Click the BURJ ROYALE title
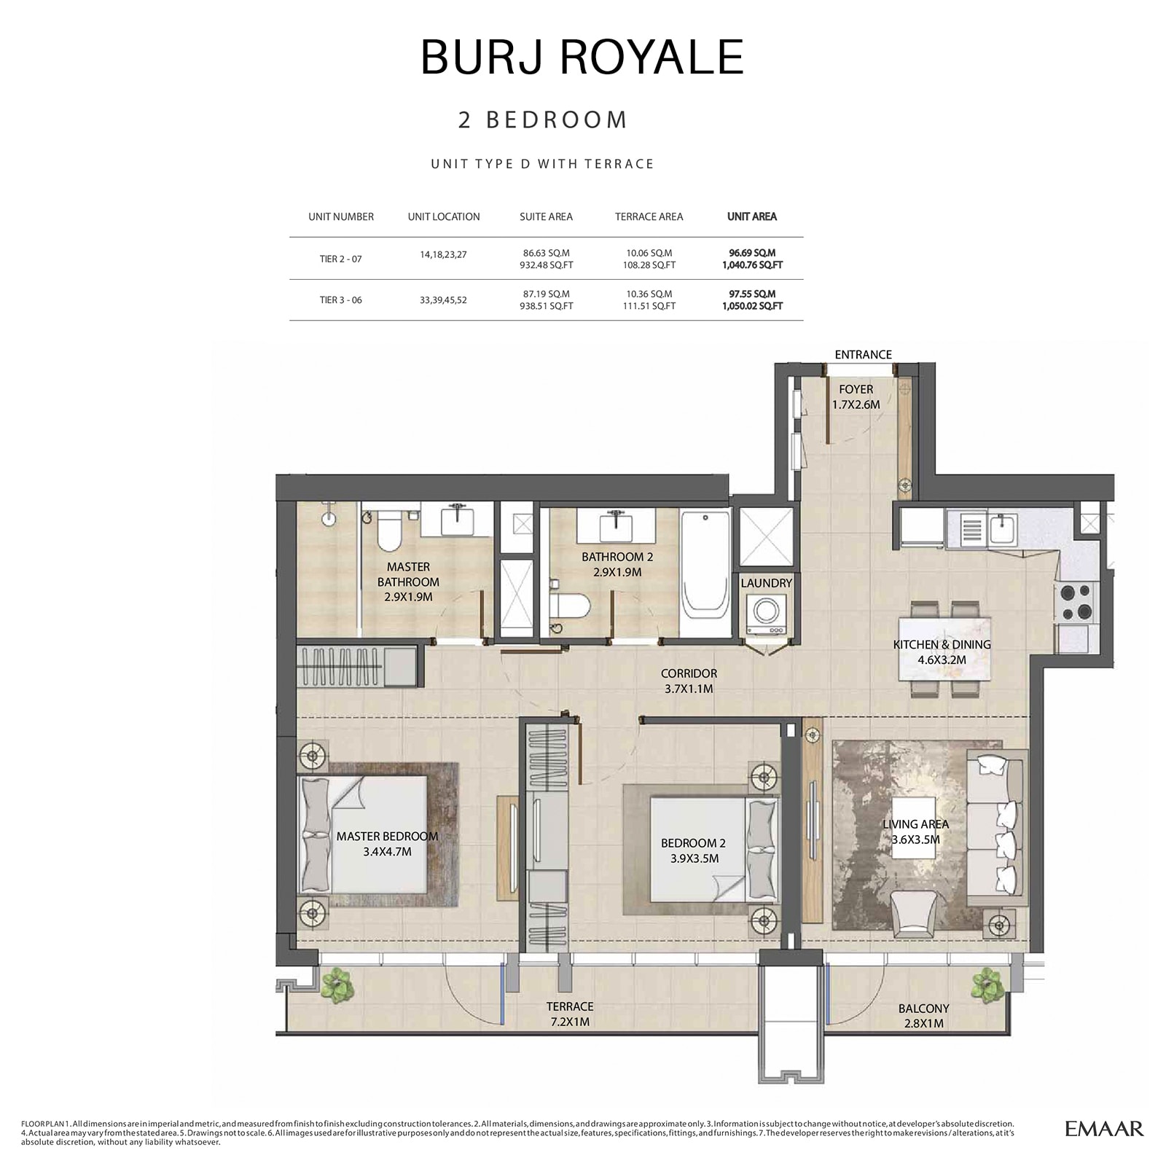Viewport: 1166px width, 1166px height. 582,57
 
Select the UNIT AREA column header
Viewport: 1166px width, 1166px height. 752,216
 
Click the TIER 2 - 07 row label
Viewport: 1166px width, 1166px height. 340,259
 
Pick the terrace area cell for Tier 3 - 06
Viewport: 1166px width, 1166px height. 649,300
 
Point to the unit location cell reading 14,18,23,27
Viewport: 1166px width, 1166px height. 443,255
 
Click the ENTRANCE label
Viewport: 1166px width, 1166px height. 863,355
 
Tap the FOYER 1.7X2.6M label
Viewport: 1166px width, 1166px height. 856,397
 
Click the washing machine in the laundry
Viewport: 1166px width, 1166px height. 765,614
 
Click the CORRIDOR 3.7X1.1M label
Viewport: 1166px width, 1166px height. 689,681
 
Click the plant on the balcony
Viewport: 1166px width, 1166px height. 987,984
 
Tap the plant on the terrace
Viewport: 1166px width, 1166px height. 337,984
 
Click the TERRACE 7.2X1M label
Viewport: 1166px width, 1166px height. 570,1014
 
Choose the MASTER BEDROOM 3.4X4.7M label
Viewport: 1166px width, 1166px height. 387,843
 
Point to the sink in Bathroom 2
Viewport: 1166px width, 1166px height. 615,523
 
